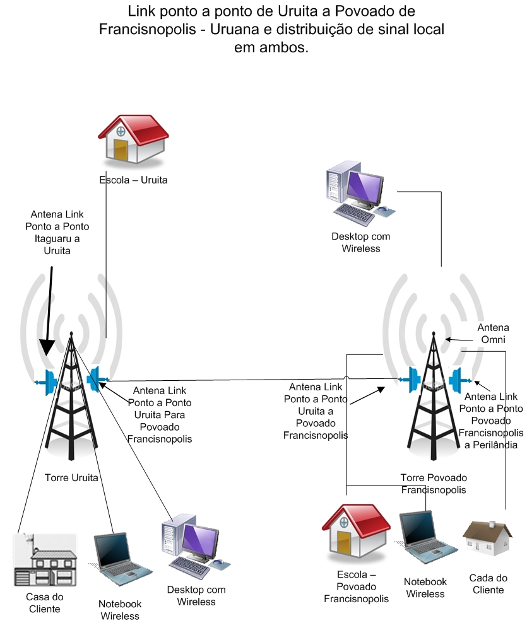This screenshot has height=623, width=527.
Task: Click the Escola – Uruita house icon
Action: point(134,139)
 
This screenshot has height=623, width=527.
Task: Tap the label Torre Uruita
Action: point(71,477)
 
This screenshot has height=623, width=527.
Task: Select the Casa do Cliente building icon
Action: point(45,560)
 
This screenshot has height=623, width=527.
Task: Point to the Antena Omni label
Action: point(493,334)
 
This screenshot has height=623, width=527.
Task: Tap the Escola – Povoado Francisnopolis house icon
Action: point(356,531)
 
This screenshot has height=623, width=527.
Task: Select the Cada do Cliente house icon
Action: point(488,539)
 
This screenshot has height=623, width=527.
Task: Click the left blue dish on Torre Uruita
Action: point(46,382)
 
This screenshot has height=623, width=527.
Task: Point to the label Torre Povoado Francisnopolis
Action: point(434,484)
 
